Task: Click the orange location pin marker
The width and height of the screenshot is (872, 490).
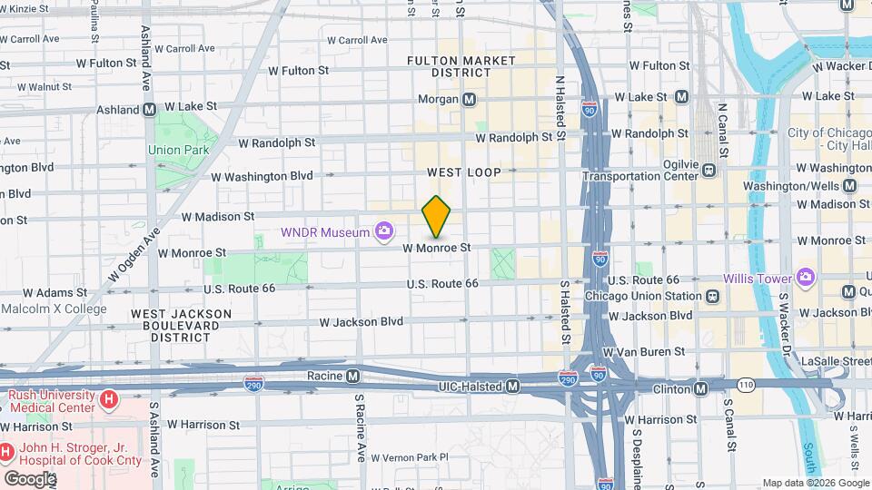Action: (x=437, y=217)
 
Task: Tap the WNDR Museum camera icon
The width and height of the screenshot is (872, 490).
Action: (x=385, y=232)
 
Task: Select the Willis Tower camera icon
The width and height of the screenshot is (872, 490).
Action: (x=805, y=278)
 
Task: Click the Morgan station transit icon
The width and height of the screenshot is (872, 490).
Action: (x=469, y=99)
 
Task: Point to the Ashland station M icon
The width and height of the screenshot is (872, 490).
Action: (x=148, y=110)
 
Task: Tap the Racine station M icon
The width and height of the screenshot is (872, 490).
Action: (x=353, y=376)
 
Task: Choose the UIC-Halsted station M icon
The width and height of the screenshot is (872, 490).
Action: (x=512, y=387)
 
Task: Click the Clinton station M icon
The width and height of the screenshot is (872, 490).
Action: (x=701, y=388)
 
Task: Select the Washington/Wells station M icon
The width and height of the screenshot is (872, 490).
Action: (x=849, y=185)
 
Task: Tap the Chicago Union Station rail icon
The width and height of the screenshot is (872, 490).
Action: (x=712, y=296)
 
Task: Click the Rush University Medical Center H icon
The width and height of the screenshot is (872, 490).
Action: (x=109, y=399)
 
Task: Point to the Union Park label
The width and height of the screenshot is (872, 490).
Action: (x=178, y=150)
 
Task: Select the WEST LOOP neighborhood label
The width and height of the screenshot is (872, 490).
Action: (x=464, y=171)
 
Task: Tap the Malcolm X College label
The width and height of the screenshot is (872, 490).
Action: (x=54, y=309)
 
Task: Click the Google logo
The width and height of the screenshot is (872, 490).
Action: (x=29, y=478)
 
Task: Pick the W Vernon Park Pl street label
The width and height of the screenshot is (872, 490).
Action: (x=409, y=457)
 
